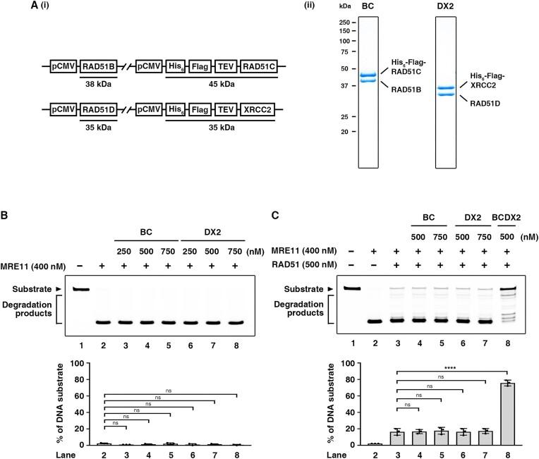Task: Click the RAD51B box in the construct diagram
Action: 98,68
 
